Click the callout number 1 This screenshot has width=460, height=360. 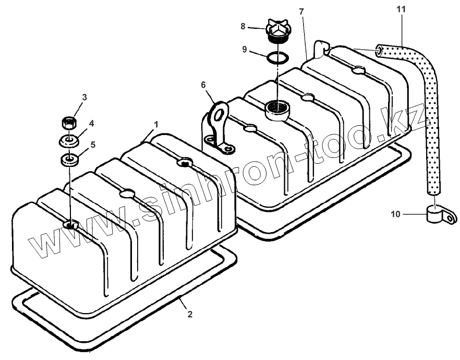(x=155, y=125)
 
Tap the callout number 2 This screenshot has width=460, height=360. (x=190, y=314)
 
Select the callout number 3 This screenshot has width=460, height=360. (x=84, y=97)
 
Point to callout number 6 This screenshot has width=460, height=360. (x=204, y=84)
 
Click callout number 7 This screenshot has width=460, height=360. (x=301, y=11)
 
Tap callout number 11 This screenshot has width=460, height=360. (x=401, y=9)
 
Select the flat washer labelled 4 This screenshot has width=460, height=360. (x=68, y=141)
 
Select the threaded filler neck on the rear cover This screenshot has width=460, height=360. (x=276, y=110)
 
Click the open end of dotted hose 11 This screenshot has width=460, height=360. (x=379, y=51)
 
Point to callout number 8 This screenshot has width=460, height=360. (x=243, y=25)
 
